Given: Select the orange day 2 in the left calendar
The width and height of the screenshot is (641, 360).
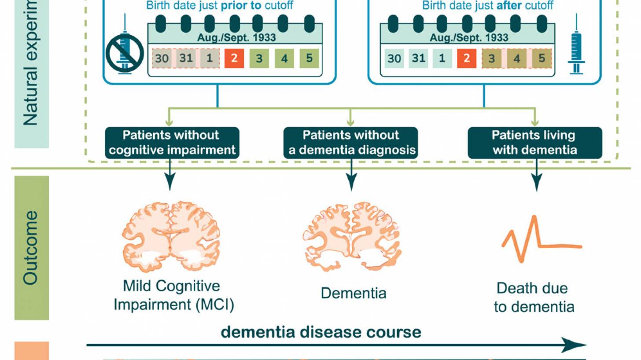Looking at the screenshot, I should point(234,59).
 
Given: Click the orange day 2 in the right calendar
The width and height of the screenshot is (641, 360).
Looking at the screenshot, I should point(467,59).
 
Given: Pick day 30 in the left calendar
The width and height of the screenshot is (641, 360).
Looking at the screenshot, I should point(162,59).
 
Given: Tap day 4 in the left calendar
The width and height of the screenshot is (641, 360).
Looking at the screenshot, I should point(284,59).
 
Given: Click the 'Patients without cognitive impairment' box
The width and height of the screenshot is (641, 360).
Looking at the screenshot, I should point(172,143).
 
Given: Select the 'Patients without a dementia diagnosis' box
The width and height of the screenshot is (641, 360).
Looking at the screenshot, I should point(351,143).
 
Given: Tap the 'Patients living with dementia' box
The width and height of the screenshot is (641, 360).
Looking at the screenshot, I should point(534,143).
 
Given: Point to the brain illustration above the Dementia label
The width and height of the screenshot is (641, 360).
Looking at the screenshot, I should point(352,235).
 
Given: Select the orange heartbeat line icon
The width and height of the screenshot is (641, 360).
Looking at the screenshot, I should point(542,240).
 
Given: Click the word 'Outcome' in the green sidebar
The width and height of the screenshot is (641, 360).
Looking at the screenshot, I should point(31,247).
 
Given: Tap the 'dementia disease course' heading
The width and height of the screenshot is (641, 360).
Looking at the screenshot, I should point(321,332).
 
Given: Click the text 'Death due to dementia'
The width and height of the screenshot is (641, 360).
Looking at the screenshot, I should point(534,298).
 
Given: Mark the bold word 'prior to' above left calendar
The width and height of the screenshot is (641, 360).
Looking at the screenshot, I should point(239,6).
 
